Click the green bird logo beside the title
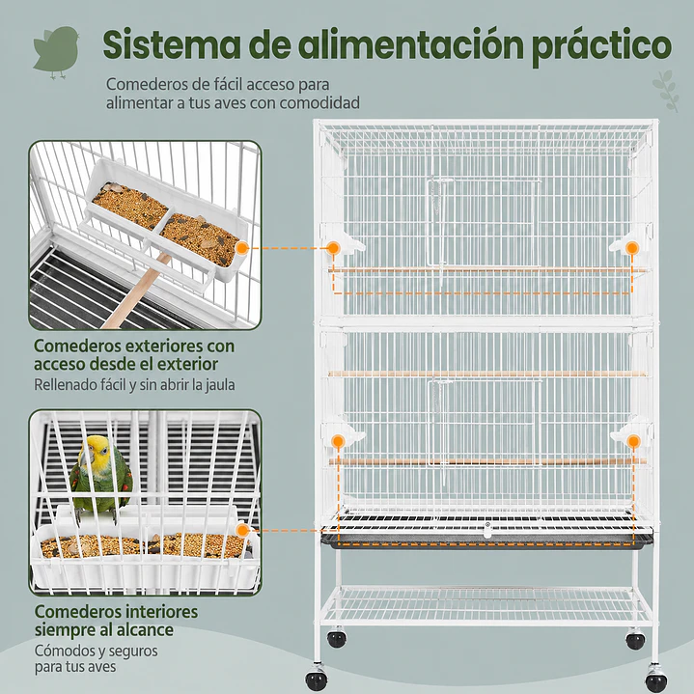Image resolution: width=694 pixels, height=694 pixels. (56, 50)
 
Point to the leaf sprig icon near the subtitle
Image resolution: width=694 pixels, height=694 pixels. (664, 91)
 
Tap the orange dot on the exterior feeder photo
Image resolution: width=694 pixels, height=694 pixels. (242, 248)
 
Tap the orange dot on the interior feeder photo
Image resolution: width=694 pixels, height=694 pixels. (242, 530)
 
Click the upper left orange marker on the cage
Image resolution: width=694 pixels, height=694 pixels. (333, 248)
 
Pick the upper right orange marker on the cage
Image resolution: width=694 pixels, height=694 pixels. (632, 248)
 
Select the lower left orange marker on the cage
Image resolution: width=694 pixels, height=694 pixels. (338, 441)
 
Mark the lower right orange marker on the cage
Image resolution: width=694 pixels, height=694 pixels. (632, 441)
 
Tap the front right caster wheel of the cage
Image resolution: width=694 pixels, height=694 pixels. (656, 680)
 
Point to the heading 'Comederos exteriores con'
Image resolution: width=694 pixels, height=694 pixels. (133, 345)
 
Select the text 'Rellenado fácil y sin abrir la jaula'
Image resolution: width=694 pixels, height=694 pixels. (134, 384)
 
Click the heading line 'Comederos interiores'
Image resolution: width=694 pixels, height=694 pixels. (116, 612)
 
